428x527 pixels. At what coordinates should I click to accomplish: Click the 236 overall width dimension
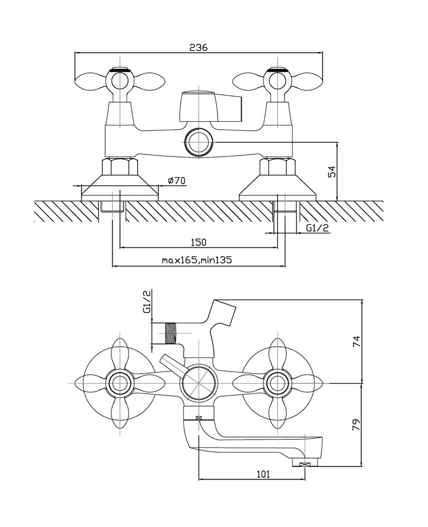[x=198, y=47]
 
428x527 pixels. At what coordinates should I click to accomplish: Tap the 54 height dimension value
[x=332, y=172]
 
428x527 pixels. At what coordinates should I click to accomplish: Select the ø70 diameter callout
[x=176, y=180]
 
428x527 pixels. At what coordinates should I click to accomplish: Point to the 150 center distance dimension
[x=198, y=242]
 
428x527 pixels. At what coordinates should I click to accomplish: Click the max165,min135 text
[x=197, y=260]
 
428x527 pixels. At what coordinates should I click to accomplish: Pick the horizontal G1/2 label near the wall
[x=317, y=228]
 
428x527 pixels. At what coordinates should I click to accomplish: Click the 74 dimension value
[x=356, y=341]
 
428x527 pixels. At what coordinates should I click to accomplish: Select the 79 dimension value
[x=356, y=424]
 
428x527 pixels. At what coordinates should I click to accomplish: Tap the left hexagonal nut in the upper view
[x=120, y=167]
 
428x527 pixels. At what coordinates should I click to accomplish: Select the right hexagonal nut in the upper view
[x=278, y=167]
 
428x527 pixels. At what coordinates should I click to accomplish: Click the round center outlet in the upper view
[x=199, y=142]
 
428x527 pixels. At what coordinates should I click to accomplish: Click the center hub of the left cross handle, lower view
[x=119, y=383]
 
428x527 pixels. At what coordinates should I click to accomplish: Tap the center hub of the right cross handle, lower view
[x=277, y=383]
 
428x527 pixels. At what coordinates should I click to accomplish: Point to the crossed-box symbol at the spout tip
[x=305, y=465]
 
